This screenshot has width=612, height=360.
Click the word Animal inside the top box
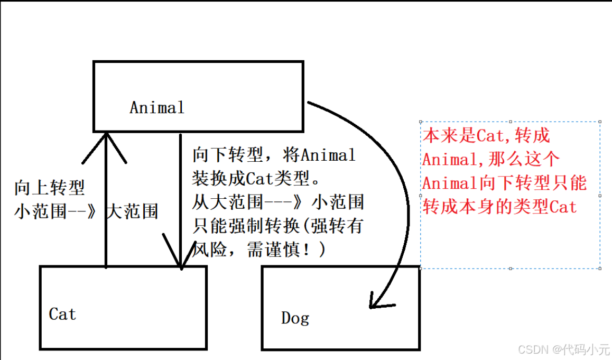coord(157,108)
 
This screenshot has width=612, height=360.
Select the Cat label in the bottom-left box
coord(62,314)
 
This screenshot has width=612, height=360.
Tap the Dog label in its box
coord(295,318)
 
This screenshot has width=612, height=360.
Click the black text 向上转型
coord(50,188)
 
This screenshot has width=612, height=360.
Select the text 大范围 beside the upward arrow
coord(132,211)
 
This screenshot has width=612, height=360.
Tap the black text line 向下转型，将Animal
coord(274,155)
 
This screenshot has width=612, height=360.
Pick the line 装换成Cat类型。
coord(256,179)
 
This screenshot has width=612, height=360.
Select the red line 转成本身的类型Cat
coord(499,207)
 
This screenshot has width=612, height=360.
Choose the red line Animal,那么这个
coord(490,159)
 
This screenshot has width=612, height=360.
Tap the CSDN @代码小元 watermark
coord(564,349)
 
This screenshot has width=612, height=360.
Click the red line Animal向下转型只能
coord(504,183)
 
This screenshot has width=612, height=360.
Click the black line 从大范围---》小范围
coord(278,202)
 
